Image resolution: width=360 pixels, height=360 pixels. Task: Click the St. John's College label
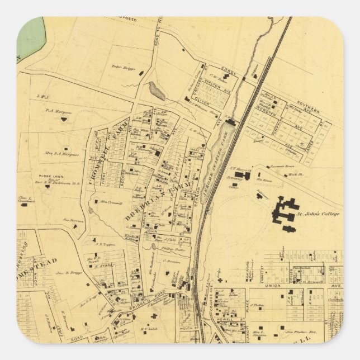(x=318, y=214)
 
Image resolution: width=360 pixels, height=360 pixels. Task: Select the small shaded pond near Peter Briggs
(x=157, y=91)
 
